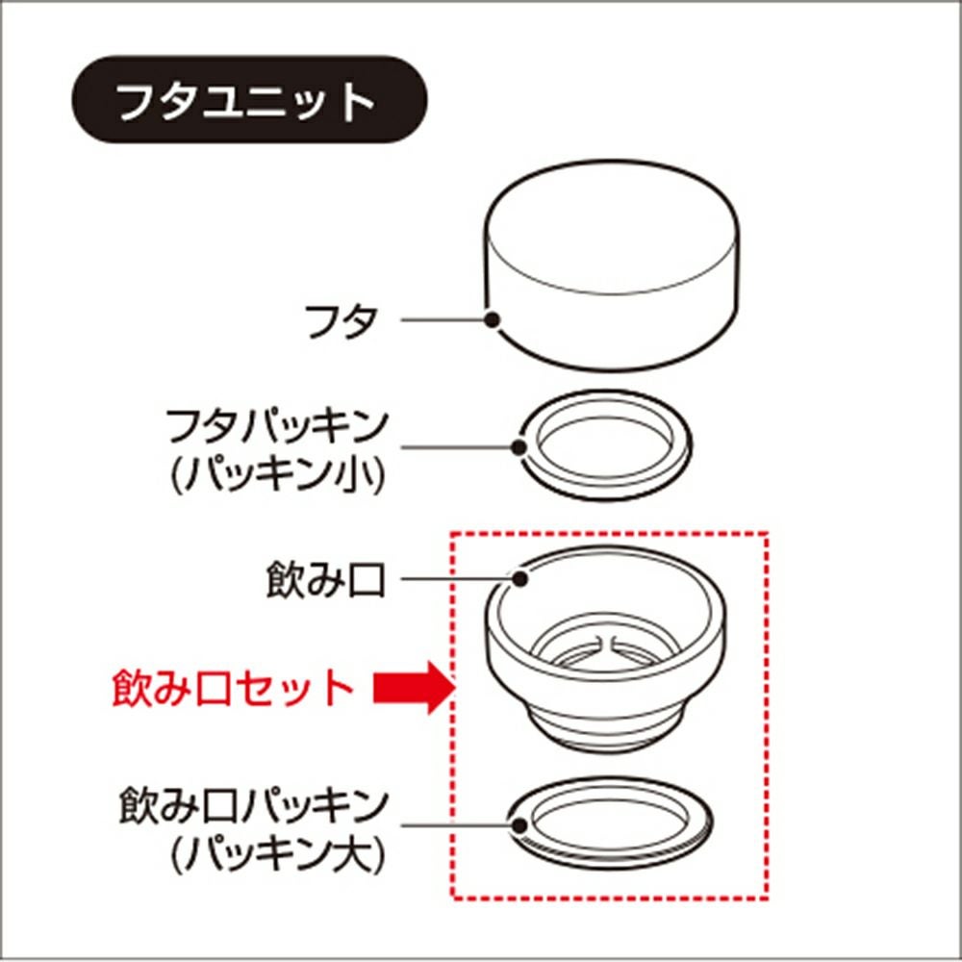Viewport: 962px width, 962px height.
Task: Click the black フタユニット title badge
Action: click(250, 100)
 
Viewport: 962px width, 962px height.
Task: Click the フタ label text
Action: click(342, 320)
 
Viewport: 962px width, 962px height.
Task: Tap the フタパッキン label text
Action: click(278, 427)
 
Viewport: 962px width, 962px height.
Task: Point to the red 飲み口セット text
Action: click(233, 688)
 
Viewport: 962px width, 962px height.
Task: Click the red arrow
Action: click(415, 688)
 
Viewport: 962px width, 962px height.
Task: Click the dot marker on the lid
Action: click(492, 319)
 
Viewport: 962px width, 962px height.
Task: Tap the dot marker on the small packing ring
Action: click(519, 447)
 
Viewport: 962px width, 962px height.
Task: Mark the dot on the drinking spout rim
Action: click(520, 578)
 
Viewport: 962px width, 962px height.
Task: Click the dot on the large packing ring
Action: click(520, 825)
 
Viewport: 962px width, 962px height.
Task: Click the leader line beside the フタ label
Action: click(443, 319)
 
